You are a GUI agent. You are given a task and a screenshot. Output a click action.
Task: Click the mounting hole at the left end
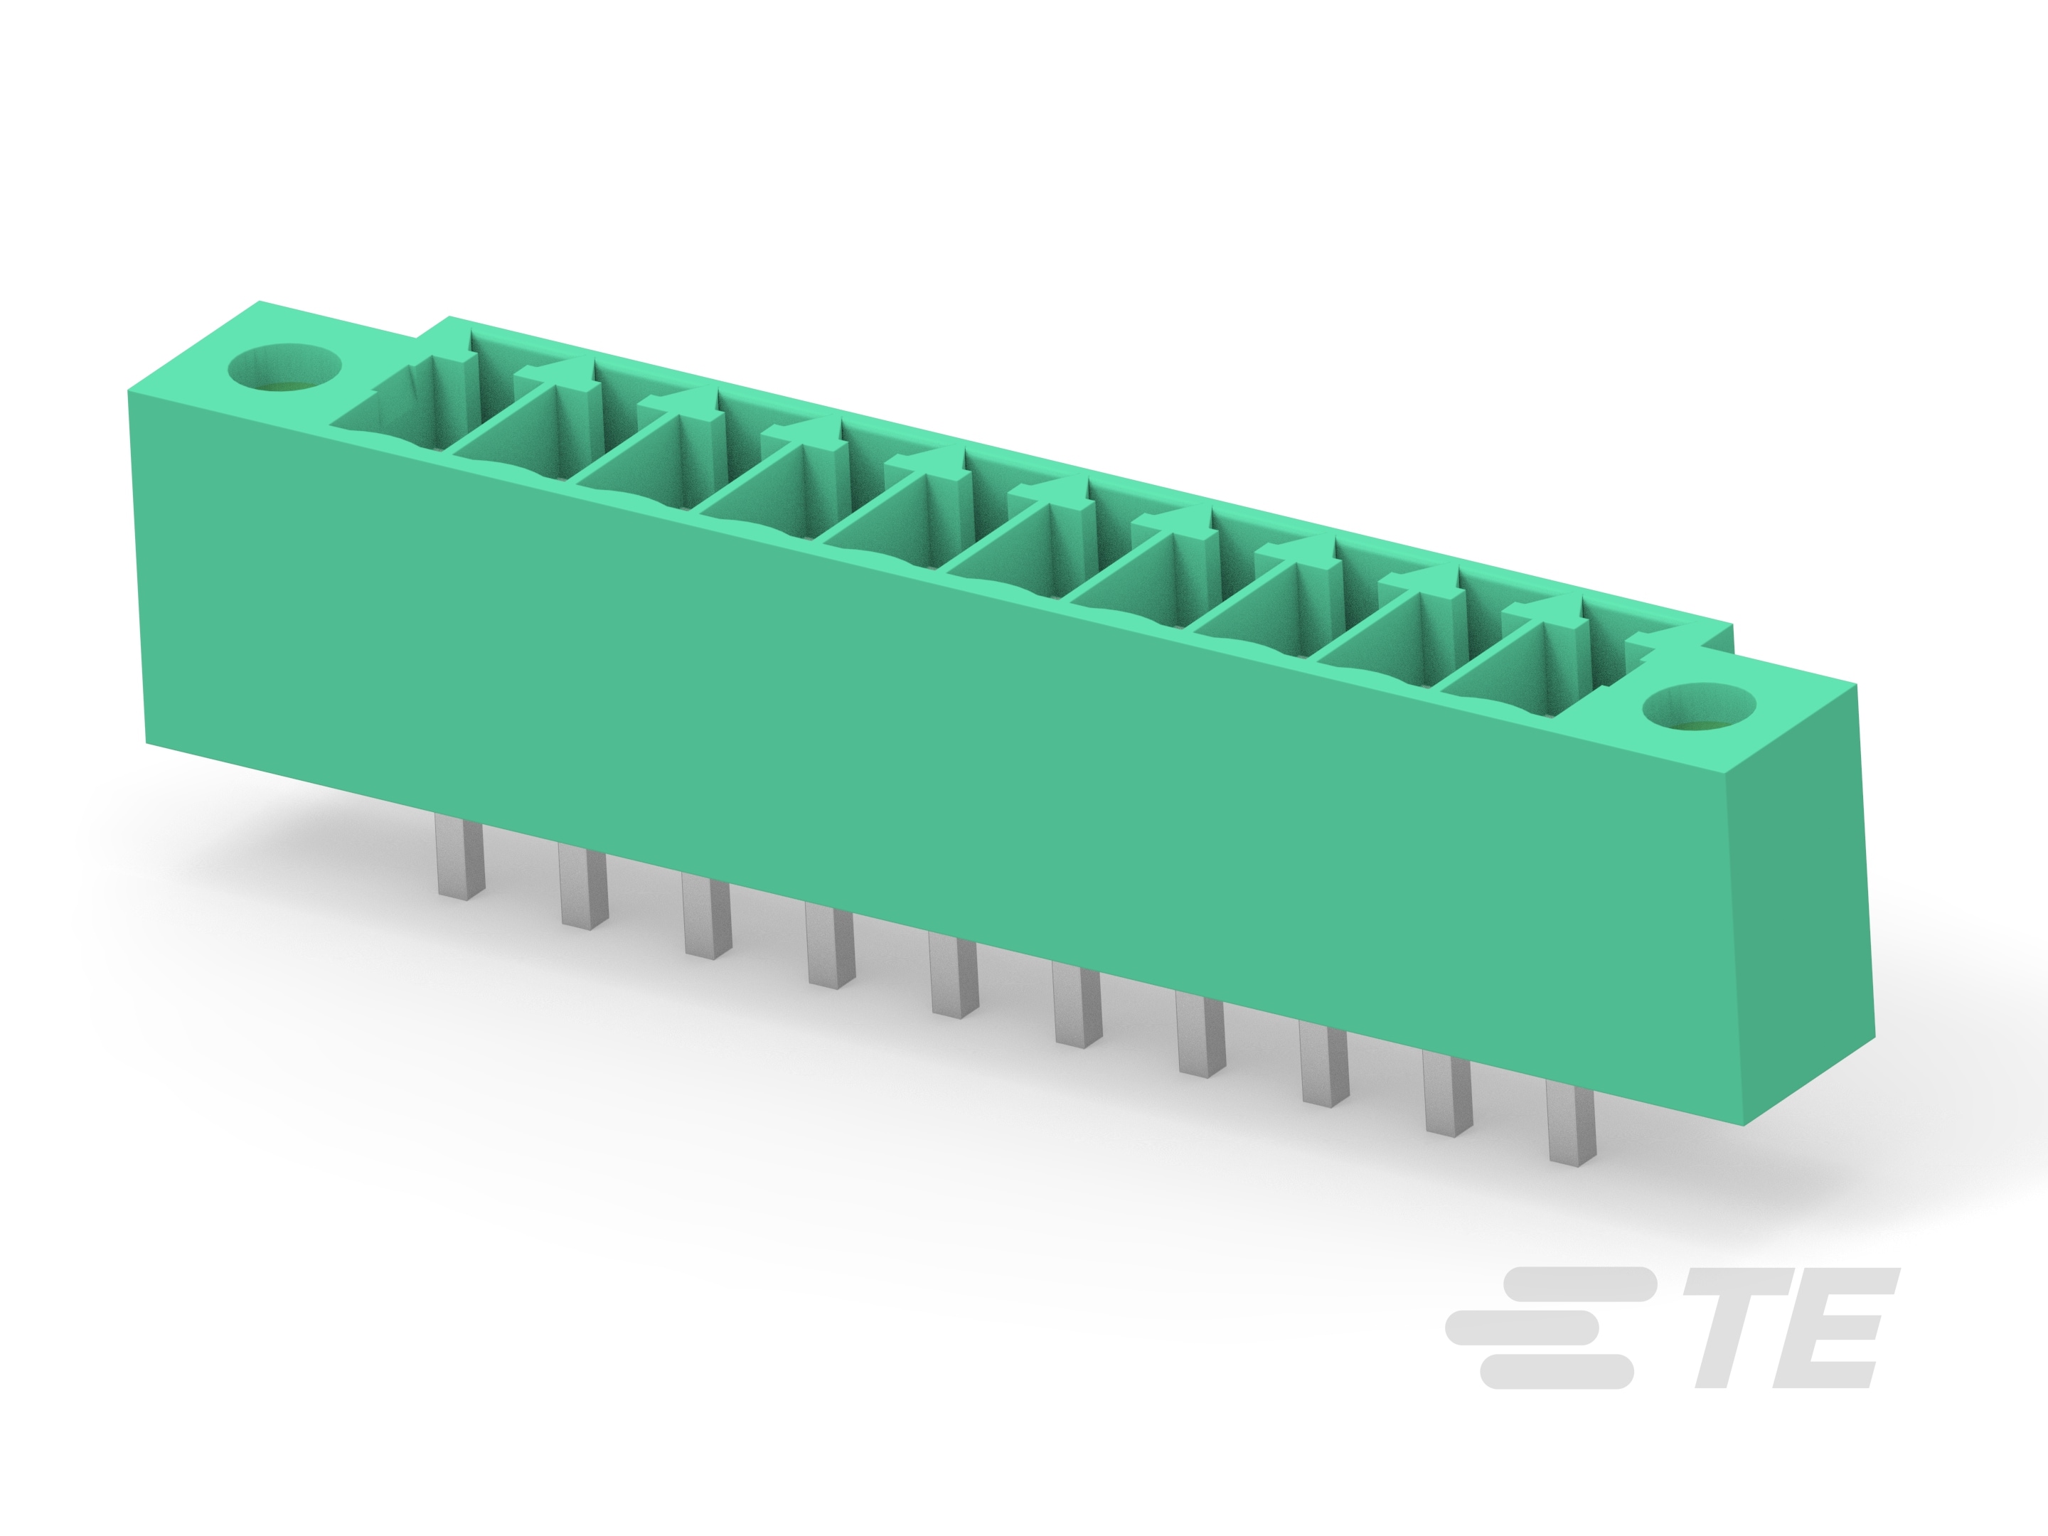coord(285,368)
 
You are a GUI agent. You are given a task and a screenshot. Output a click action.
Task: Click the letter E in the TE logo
coord(1828,1328)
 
